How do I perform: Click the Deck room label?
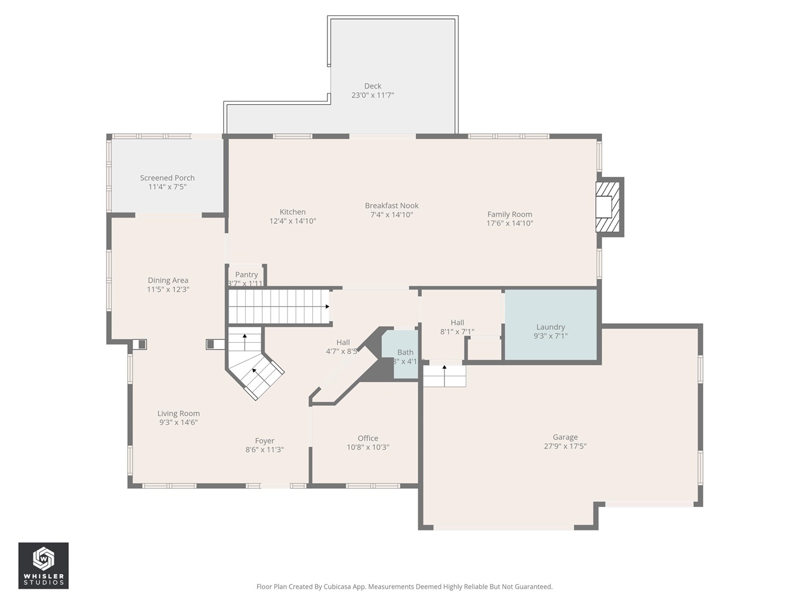[x=373, y=86]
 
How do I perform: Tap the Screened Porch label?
[x=167, y=178]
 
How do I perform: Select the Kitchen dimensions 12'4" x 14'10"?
[x=293, y=221]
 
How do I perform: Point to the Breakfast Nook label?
[x=392, y=205]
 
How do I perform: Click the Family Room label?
[x=509, y=214]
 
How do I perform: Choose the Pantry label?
[x=246, y=274]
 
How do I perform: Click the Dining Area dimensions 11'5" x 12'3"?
[x=168, y=290]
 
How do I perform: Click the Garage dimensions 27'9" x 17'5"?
[x=565, y=446]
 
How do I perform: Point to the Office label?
[x=368, y=438]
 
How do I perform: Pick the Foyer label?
[x=265, y=441]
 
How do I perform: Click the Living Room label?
[x=179, y=414]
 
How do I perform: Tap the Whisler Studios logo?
[x=44, y=565]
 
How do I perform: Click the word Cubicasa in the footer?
[x=338, y=587]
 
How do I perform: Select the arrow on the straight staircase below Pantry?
[x=327, y=307]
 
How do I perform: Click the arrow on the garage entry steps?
[x=444, y=367]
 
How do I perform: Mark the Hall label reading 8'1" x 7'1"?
[x=458, y=322]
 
